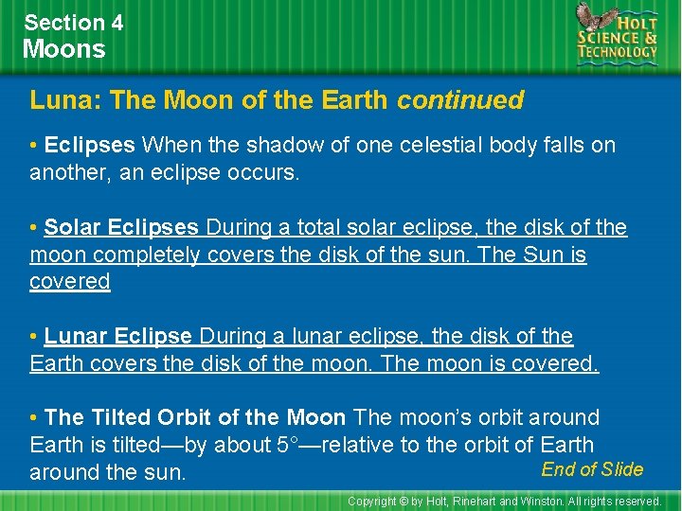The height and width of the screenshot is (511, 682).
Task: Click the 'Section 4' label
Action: click(74, 22)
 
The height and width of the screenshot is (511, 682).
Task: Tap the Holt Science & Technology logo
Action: click(617, 34)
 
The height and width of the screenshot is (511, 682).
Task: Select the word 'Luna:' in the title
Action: click(59, 100)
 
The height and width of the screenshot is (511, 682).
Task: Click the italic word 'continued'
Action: click(460, 100)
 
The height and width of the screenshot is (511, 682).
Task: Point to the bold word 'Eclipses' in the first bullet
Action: click(90, 146)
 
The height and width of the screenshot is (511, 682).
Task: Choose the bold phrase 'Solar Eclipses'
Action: click(121, 228)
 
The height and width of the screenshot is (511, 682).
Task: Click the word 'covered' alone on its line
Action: click(70, 282)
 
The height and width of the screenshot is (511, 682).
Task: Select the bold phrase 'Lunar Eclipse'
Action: click(119, 337)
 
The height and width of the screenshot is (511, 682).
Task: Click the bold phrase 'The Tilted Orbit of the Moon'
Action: click(195, 417)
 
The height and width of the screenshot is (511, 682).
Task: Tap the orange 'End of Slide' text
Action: click(592, 469)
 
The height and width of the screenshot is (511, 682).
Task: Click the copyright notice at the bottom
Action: click(504, 501)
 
